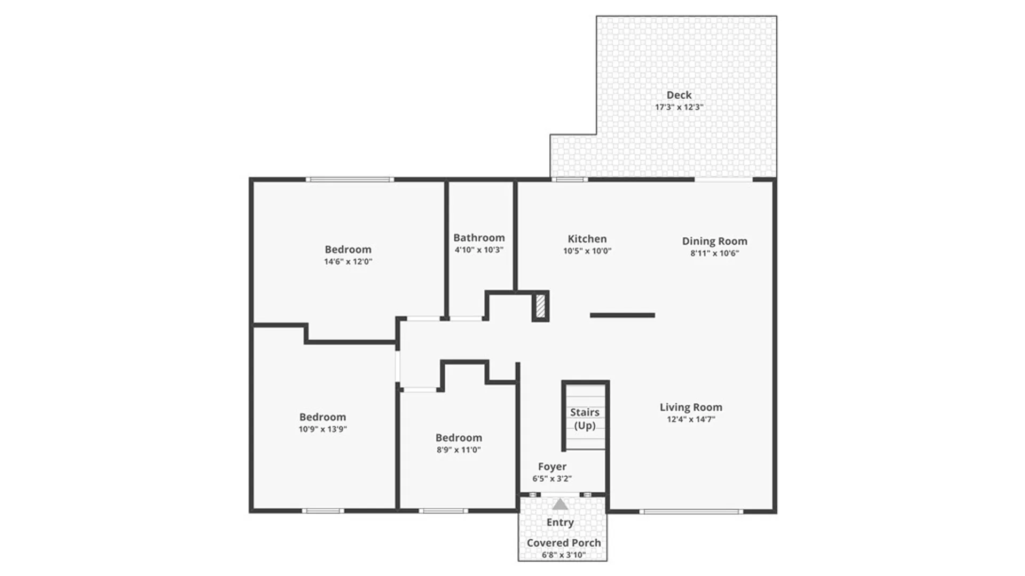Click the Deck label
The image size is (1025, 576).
point(679,95)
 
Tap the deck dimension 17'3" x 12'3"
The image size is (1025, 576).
point(679,107)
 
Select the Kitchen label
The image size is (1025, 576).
point(587,239)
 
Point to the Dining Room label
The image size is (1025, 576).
point(714,241)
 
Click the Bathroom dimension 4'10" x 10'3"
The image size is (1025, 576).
point(479,250)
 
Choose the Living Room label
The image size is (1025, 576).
point(691,407)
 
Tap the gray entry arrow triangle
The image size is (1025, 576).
point(559,504)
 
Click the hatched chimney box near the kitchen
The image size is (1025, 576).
point(540,307)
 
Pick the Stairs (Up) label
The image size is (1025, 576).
point(585,419)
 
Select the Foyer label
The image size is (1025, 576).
point(552,467)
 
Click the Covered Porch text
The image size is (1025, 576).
point(563,543)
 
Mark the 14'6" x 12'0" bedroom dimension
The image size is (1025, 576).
point(348,262)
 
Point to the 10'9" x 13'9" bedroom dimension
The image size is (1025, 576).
point(322,429)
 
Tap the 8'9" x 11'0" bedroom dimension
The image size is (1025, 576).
point(459,450)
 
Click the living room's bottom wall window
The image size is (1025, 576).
point(691,511)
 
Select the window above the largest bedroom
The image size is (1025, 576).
point(350,180)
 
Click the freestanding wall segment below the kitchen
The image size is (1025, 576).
point(622,315)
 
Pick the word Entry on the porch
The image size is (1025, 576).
point(560,523)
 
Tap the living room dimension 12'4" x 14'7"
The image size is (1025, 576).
point(691,419)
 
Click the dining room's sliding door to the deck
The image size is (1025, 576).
point(723,180)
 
